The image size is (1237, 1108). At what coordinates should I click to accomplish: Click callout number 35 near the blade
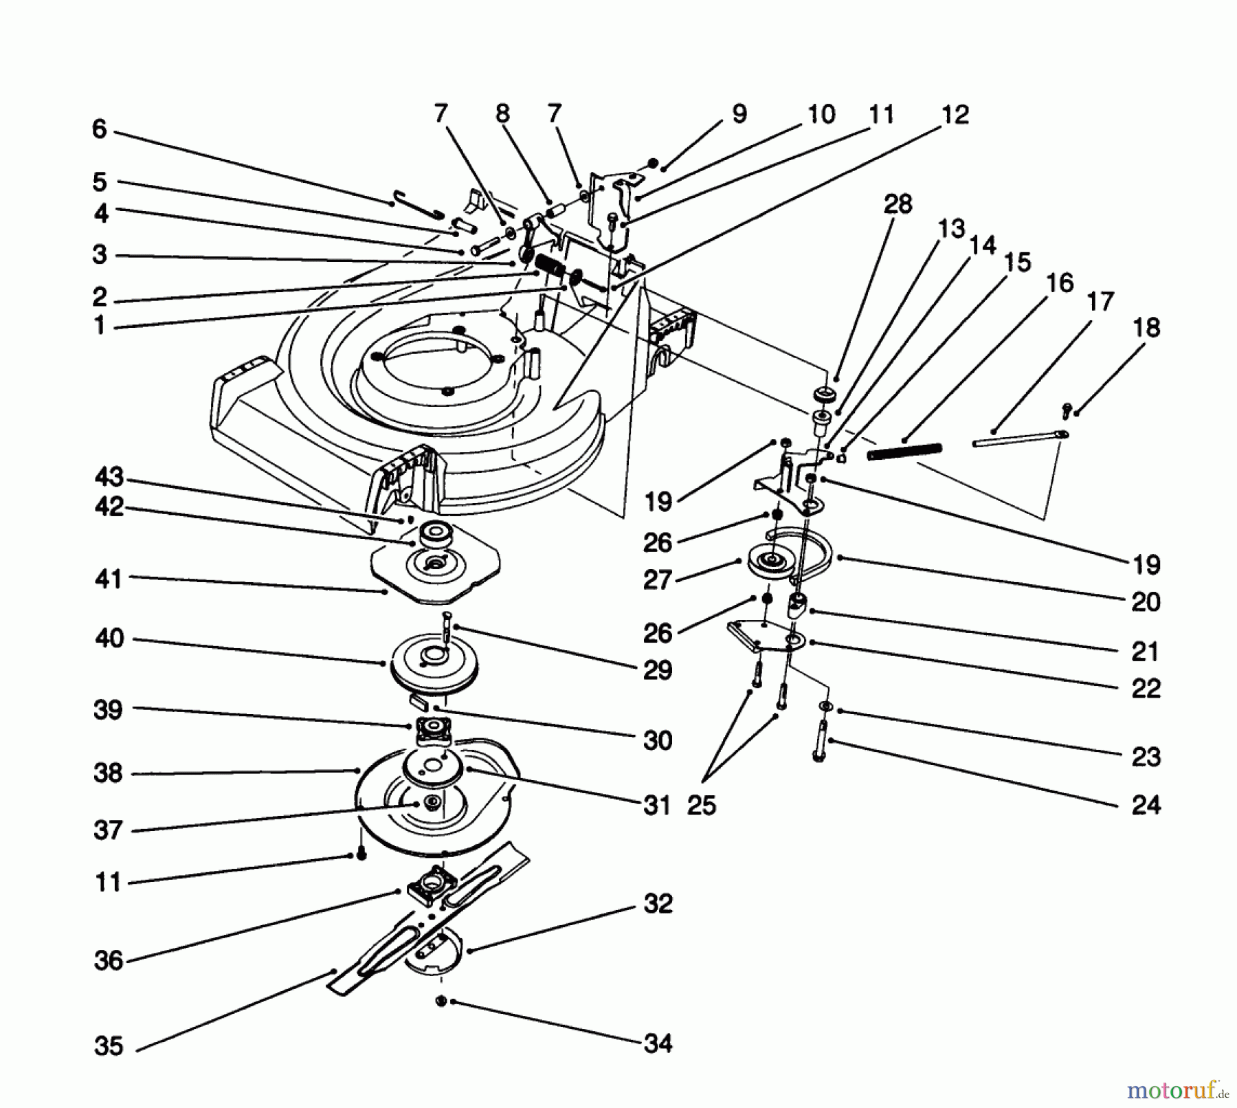[109, 1046]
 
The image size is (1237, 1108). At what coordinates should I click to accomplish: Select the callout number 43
[109, 477]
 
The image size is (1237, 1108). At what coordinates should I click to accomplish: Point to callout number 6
[100, 129]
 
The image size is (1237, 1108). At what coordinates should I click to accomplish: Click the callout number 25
[702, 805]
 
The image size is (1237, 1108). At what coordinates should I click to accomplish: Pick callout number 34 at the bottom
[658, 1043]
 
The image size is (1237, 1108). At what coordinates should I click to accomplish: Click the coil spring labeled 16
[904, 451]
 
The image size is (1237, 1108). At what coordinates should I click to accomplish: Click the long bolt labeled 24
[818, 739]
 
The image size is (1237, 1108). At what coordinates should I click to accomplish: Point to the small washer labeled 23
[823, 707]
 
